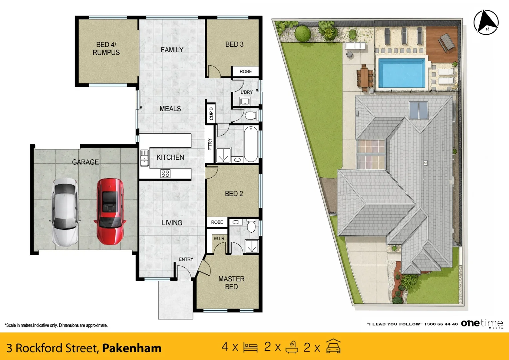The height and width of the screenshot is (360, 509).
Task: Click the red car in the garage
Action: point(110,211)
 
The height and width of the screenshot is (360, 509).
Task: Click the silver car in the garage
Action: point(65,212)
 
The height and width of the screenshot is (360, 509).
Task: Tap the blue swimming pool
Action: point(402,73)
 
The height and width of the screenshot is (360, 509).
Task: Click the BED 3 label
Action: point(234,44)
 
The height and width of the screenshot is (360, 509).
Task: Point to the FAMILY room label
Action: point(172,50)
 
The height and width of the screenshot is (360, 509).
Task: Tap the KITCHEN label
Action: point(170,157)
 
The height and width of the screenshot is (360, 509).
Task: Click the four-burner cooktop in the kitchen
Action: point(165,174)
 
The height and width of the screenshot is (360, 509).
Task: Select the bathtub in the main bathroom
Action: point(251,144)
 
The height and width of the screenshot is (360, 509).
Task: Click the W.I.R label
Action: point(219,238)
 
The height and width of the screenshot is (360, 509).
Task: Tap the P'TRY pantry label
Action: point(210,144)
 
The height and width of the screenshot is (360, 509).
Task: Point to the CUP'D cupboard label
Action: point(211,114)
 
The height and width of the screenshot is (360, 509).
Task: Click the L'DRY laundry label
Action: point(247,92)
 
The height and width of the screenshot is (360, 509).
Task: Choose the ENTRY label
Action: point(186,259)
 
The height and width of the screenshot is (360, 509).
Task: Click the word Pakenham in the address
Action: point(132,348)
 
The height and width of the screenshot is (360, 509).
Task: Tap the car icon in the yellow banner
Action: point(333,346)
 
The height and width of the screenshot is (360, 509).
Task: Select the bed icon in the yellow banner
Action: point(250,347)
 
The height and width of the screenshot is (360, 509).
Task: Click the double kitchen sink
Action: point(144,158)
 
